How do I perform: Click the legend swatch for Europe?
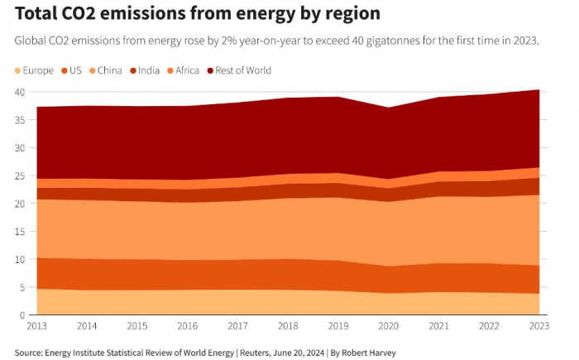pyautogui.click(x=19, y=70)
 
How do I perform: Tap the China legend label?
pyautogui.click(x=109, y=70)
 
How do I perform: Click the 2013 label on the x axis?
pyautogui.click(x=36, y=327)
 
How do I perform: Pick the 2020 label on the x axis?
pyautogui.click(x=388, y=327)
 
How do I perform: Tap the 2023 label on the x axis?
pyautogui.click(x=538, y=327)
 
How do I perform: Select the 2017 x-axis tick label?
pyautogui.click(x=237, y=327)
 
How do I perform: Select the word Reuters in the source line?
pyautogui.click(x=256, y=353)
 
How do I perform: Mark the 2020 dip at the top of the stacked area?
pyautogui.click(x=388, y=108)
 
